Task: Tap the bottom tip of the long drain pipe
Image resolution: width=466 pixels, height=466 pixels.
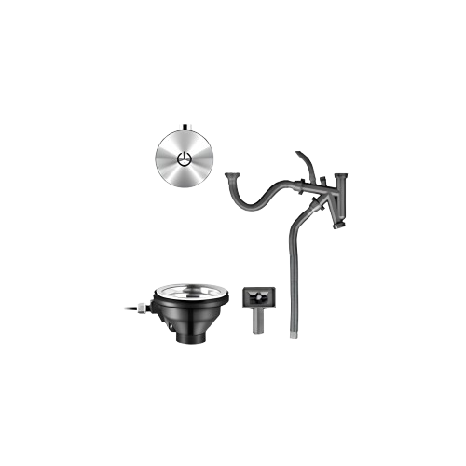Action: point(295,331)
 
